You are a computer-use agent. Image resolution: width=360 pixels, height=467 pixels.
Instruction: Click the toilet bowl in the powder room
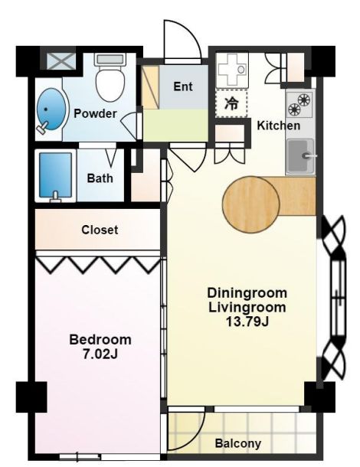point(110,77)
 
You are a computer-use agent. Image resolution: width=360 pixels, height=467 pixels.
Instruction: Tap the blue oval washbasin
point(51,109)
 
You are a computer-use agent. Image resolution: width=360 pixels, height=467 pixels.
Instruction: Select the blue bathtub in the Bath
point(56,176)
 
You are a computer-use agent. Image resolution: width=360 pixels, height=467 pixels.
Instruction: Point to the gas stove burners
point(299,104)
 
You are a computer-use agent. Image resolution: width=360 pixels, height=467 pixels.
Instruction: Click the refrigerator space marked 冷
point(231,103)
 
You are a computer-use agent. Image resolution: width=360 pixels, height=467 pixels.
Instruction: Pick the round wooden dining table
point(251,204)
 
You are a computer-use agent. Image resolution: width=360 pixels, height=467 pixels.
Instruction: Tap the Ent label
point(183,87)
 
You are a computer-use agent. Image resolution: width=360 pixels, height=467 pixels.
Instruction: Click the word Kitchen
point(279,126)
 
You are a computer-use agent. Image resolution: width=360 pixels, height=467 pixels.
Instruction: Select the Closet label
point(100,230)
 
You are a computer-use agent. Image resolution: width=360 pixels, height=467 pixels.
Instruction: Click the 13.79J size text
point(247,322)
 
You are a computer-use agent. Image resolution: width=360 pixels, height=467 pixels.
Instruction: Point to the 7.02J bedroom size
point(100,354)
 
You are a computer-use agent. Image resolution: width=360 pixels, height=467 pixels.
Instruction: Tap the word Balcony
point(237,444)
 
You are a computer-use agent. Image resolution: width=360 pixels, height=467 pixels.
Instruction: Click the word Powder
point(95,113)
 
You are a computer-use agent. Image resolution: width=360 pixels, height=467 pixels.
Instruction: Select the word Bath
point(100,178)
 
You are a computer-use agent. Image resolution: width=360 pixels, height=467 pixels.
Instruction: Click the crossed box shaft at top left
point(62,62)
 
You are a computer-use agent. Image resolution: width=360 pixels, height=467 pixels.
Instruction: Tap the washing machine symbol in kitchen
point(231,70)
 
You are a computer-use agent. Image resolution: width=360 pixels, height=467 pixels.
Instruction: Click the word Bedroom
point(100,340)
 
